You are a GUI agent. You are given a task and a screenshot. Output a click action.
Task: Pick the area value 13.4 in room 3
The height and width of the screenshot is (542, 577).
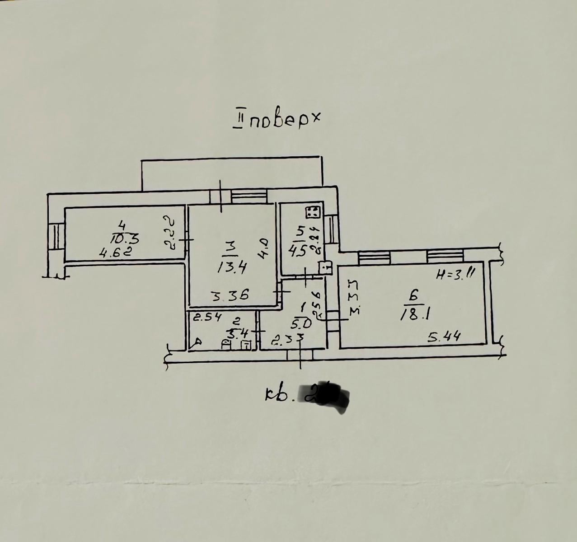click(x=231, y=267)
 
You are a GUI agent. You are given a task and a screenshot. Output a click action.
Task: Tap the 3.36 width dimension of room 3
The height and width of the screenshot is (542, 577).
click(x=231, y=296)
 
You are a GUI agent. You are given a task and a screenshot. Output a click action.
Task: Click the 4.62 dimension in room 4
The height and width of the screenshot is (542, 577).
click(x=115, y=252)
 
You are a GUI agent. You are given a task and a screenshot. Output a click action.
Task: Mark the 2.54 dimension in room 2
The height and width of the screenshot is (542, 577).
click(x=207, y=317)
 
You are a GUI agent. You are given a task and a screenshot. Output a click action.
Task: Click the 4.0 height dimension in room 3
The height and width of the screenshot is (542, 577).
click(x=265, y=249)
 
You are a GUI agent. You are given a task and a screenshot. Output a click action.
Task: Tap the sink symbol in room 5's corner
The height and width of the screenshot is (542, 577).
click(x=325, y=267)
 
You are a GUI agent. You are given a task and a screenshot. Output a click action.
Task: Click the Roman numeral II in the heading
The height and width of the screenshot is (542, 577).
click(x=238, y=121)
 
